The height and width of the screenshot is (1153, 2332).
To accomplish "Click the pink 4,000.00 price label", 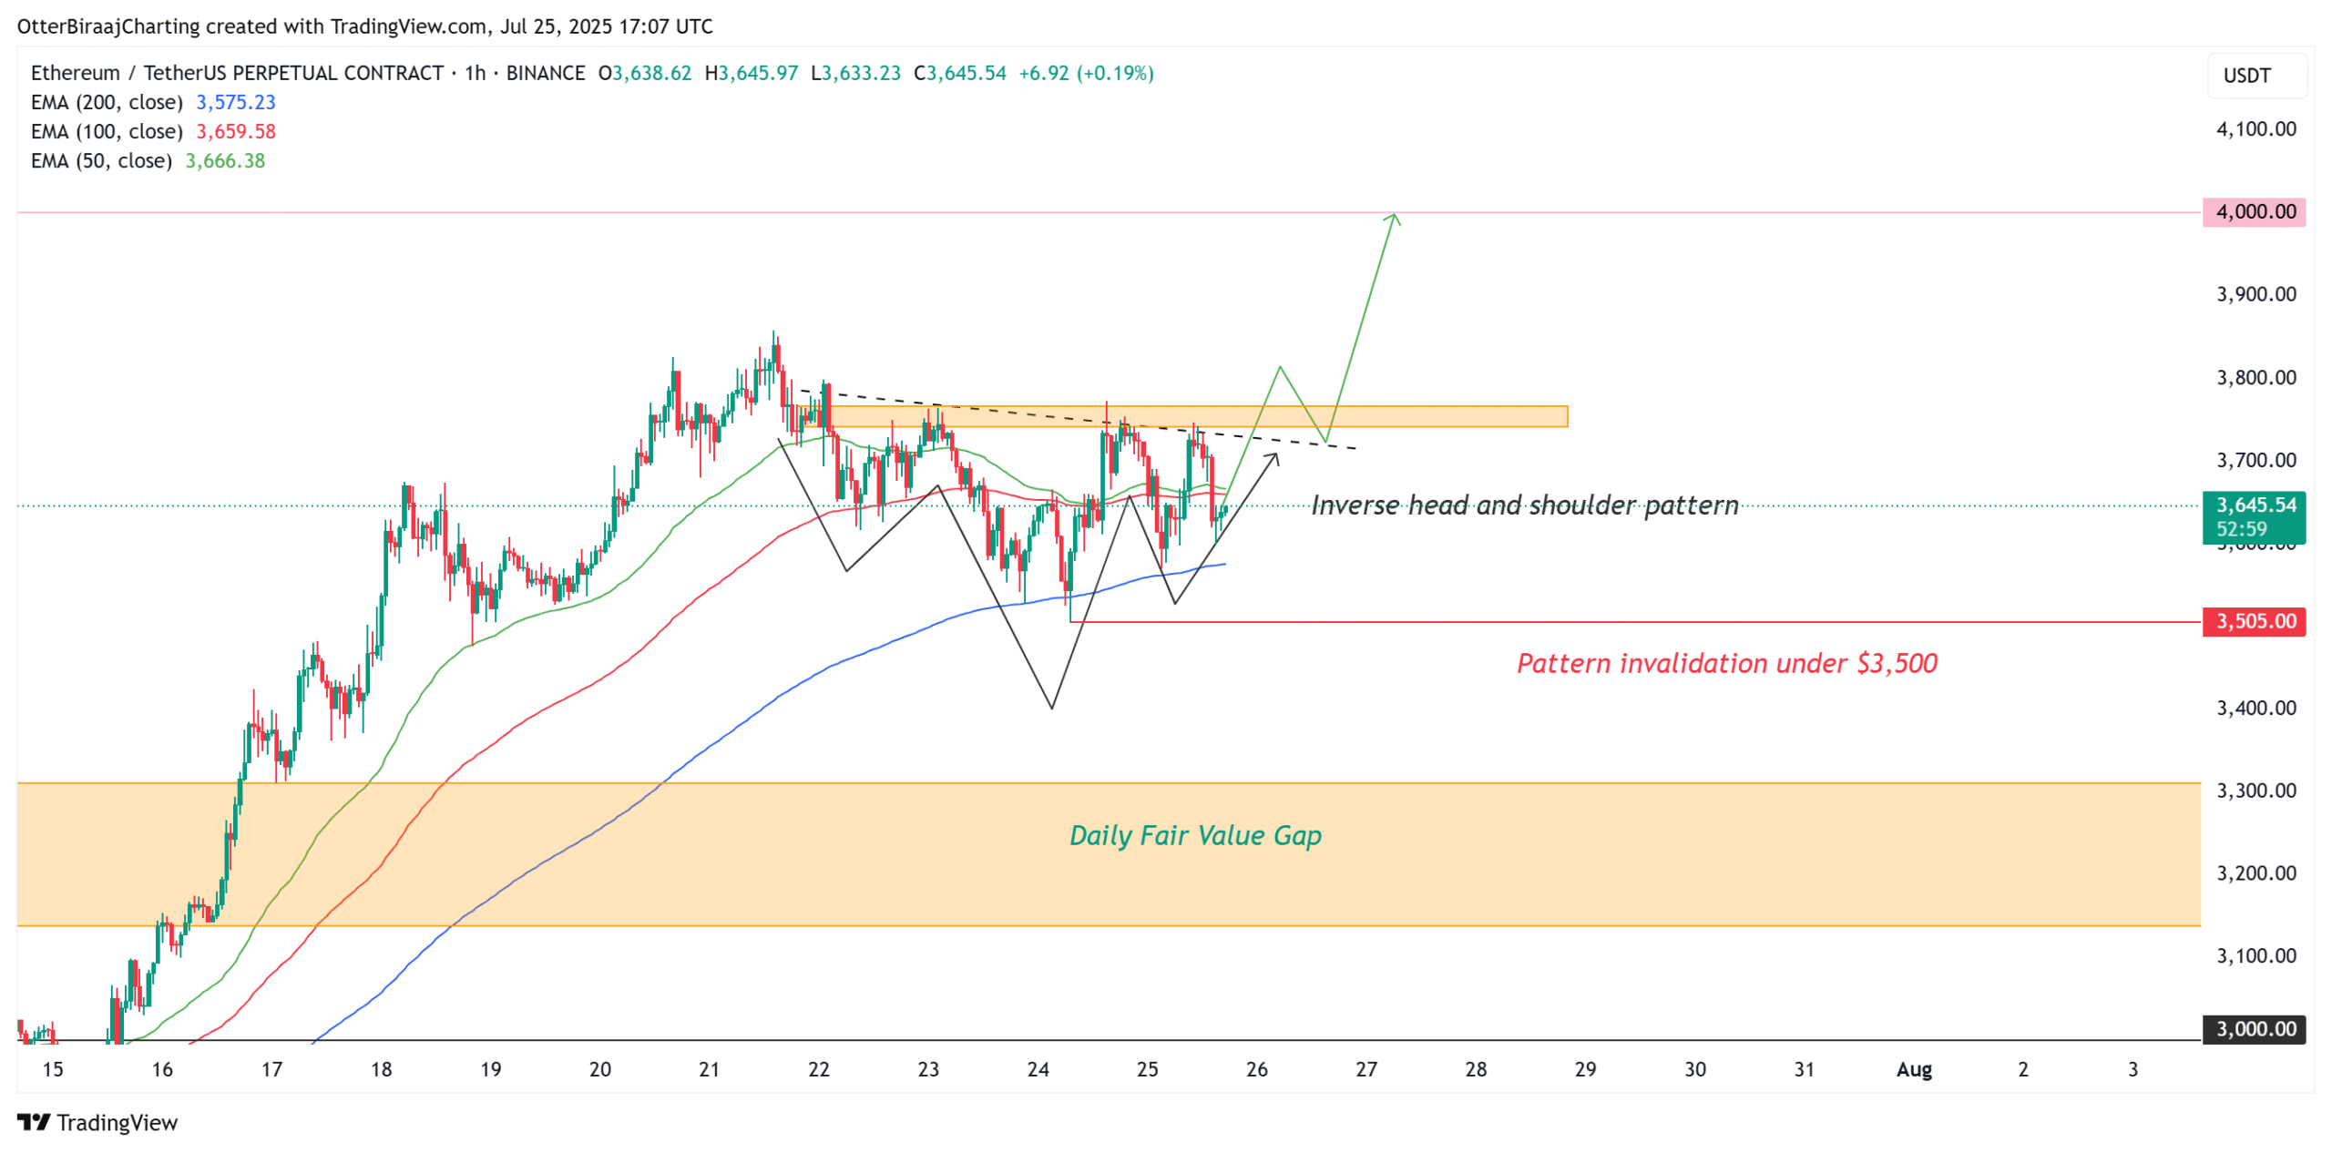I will (2254, 212).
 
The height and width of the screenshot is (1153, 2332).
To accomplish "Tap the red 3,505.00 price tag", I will (2254, 622).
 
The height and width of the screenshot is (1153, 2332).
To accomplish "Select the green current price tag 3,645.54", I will (2254, 506).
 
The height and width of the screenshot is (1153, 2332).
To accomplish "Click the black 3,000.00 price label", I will (2254, 1030).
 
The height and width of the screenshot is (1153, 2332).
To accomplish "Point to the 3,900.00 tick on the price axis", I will (2255, 294).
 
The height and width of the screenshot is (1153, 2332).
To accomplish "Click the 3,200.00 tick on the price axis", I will (2255, 873).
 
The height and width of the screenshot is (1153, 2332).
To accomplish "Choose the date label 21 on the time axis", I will (709, 1070).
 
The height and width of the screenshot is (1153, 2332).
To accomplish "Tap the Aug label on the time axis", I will (1913, 1070).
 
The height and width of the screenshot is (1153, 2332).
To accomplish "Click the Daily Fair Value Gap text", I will (1194, 836).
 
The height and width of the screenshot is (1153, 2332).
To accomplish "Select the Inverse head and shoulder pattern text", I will (1524, 505).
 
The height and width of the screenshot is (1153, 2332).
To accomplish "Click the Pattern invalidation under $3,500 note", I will (1726, 663).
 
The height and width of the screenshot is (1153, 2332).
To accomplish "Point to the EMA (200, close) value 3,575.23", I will (236, 102).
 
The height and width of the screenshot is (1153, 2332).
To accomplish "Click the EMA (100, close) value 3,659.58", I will (236, 131).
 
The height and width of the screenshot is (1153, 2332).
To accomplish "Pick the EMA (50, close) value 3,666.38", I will (225, 161).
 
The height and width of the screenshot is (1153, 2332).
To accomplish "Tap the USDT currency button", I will (2246, 76).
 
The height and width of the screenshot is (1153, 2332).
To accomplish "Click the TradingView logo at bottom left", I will (97, 1123).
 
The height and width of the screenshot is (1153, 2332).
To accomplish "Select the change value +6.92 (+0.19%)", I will (1086, 73).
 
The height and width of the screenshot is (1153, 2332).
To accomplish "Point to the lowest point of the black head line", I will (1051, 708).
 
